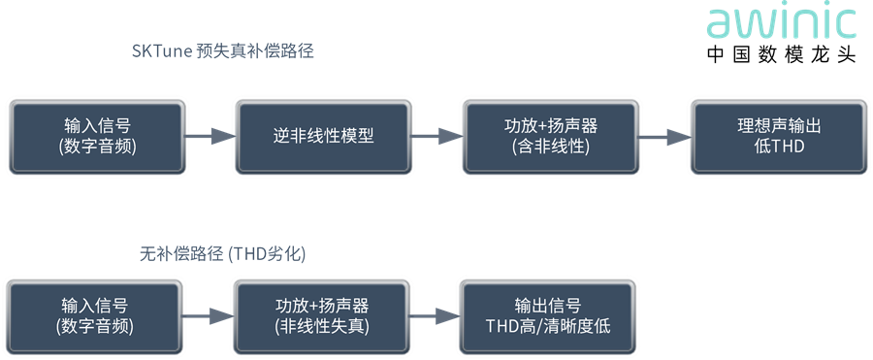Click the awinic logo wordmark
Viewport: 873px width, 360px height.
coord(781,22)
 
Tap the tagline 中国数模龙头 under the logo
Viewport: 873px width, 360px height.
coord(781,54)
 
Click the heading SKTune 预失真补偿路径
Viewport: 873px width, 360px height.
coord(223,51)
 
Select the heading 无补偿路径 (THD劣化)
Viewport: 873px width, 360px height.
coord(223,254)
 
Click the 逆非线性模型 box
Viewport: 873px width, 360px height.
coord(323,137)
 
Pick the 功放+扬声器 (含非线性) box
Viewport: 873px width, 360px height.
coord(550,137)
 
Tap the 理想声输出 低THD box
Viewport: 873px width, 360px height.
coord(779,137)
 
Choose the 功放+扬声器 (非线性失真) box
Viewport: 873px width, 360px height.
coord(322,316)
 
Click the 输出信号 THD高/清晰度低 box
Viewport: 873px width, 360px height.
coord(548,316)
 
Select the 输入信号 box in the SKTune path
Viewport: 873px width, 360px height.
coord(97,137)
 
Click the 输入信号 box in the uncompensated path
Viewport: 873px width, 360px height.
coord(95,316)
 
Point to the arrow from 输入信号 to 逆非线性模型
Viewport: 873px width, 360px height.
coord(210,136)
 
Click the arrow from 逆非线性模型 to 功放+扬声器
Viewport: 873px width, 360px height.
coord(437,136)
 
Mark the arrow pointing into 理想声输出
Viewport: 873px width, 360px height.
coord(664,136)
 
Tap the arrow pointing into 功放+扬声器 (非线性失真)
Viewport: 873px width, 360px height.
coord(209,316)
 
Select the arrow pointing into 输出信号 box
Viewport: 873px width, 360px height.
coord(435,316)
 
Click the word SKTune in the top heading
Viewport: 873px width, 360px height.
coord(162,51)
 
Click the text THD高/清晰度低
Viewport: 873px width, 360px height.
coord(548,326)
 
